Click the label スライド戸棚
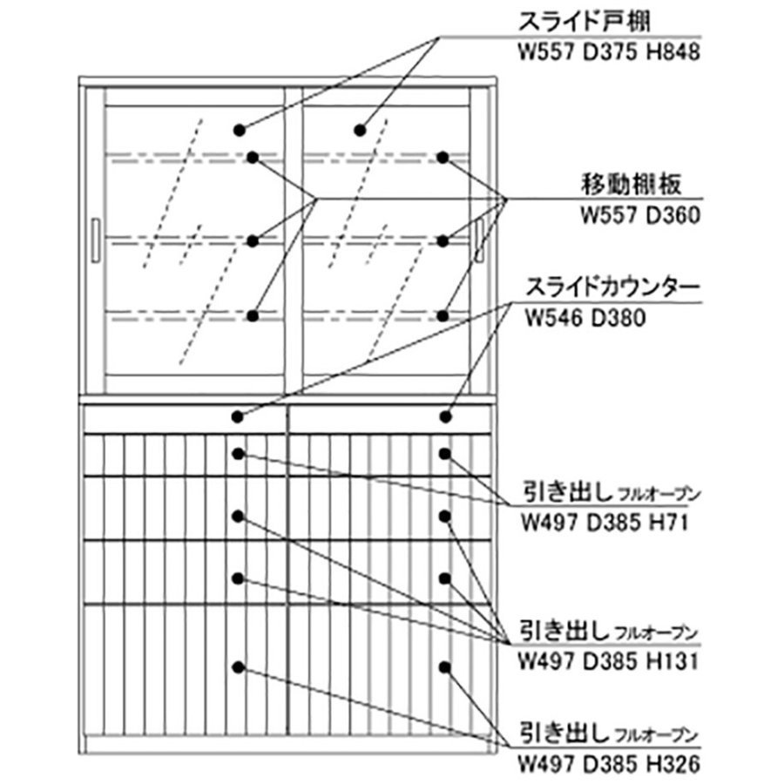pos(584,22)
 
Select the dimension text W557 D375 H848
pos(609,52)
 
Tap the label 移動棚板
pos(631,185)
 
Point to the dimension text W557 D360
pos(640,215)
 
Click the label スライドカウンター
pos(612,287)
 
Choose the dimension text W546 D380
pos(585,318)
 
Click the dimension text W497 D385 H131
pos(607,662)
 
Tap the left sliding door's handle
pos(96,240)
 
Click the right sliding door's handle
pos(481,240)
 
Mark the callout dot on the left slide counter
pos(238,416)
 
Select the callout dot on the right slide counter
pos(445,416)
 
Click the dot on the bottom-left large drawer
pos(239,667)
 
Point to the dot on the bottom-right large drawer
pos(445,667)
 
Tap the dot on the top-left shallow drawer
pos(239,454)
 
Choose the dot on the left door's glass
pos(240,131)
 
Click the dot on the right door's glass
pos(360,131)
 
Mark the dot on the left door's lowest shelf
pos(253,316)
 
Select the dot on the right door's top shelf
pos(443,158)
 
